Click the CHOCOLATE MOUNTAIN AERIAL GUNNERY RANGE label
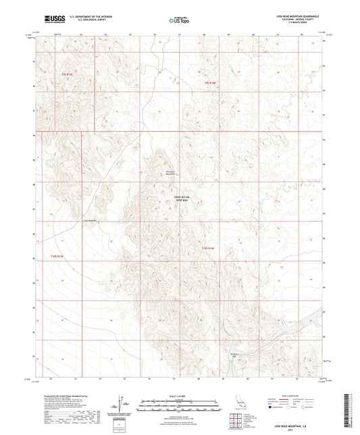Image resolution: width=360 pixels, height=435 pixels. (174, 199)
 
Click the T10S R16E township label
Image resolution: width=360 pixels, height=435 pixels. (209, 249)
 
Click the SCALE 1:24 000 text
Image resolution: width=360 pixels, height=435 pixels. (179, 396)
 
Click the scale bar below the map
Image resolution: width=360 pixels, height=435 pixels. (179, 407)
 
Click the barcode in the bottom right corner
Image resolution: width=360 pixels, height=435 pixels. (350, 409)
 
